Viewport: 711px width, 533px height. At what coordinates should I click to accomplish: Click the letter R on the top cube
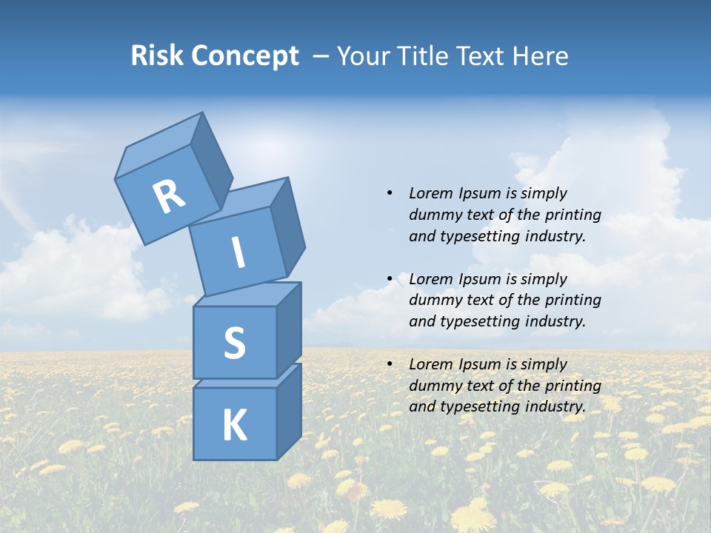click(169, 196)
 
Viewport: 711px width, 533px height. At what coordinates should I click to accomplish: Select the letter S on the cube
click(235, 343)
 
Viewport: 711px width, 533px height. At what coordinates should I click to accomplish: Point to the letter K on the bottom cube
click(235, 426)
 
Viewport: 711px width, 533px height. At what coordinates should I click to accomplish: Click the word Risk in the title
click(157, 56)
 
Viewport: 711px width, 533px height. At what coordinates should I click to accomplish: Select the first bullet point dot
click(390, 193)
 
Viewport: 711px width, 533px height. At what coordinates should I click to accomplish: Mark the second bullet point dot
click(390, 279)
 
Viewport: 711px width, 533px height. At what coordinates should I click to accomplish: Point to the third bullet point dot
click(390, 364)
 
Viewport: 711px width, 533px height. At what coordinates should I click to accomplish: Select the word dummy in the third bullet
click(433, 386)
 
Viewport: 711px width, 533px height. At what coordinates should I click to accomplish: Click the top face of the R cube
click(159, 145)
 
